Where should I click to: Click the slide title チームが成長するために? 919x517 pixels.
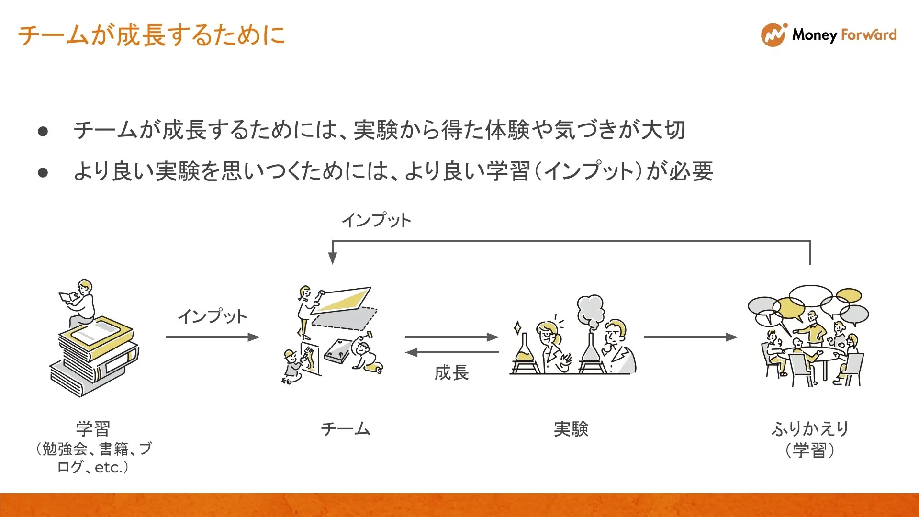pyautogui.click(x=152, y=35)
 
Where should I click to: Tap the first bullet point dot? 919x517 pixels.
pyautogui.click(x=43, y=131)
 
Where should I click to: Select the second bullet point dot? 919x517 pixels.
pyautogui.click(x=43, y=172)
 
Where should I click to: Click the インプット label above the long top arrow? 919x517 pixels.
pyautogui.click(x=376, y=220)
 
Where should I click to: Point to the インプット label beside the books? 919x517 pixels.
pyautogui.click(x=213, y=316)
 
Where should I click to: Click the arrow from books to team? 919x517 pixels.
pyautogui.click(x=213, y=337)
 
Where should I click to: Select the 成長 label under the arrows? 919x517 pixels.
pyautogui.click(x=451, y=372)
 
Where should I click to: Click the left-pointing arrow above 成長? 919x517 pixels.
pyautogui.click(x=452, y=353)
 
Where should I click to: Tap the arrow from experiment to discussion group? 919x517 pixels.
pyautogui.click(x=691, y=337)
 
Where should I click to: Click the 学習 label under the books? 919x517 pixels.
pyautogui.click(x=93, y=428)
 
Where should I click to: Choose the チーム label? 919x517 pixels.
pyautogui.click(x=346, y=428)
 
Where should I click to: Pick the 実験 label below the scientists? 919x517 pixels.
pyautogui.click(x=571, y=428)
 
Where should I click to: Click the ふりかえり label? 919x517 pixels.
pyautogui.click(x=810, y=428)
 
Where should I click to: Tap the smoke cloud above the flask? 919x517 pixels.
pyautogui.click(x=591, y=311)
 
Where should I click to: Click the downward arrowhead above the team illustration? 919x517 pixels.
pyautogui.click(x=333, y=258)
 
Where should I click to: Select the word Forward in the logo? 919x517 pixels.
pyautogui.click(x=869, y=34)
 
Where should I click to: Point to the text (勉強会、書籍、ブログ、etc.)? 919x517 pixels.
pyautogui.click(x=93, y=458)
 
